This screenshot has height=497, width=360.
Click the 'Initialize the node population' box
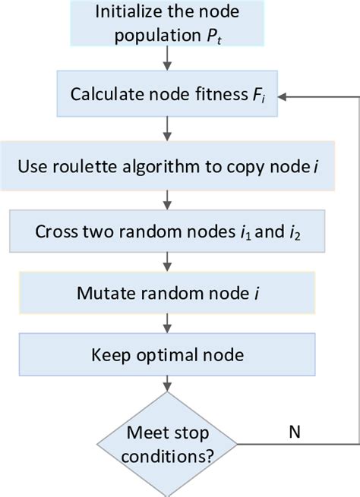[166, 23]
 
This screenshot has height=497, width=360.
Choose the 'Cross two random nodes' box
[166, 231]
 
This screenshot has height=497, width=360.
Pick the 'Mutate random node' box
[166, 293]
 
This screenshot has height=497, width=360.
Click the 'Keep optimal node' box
[166, 354]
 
